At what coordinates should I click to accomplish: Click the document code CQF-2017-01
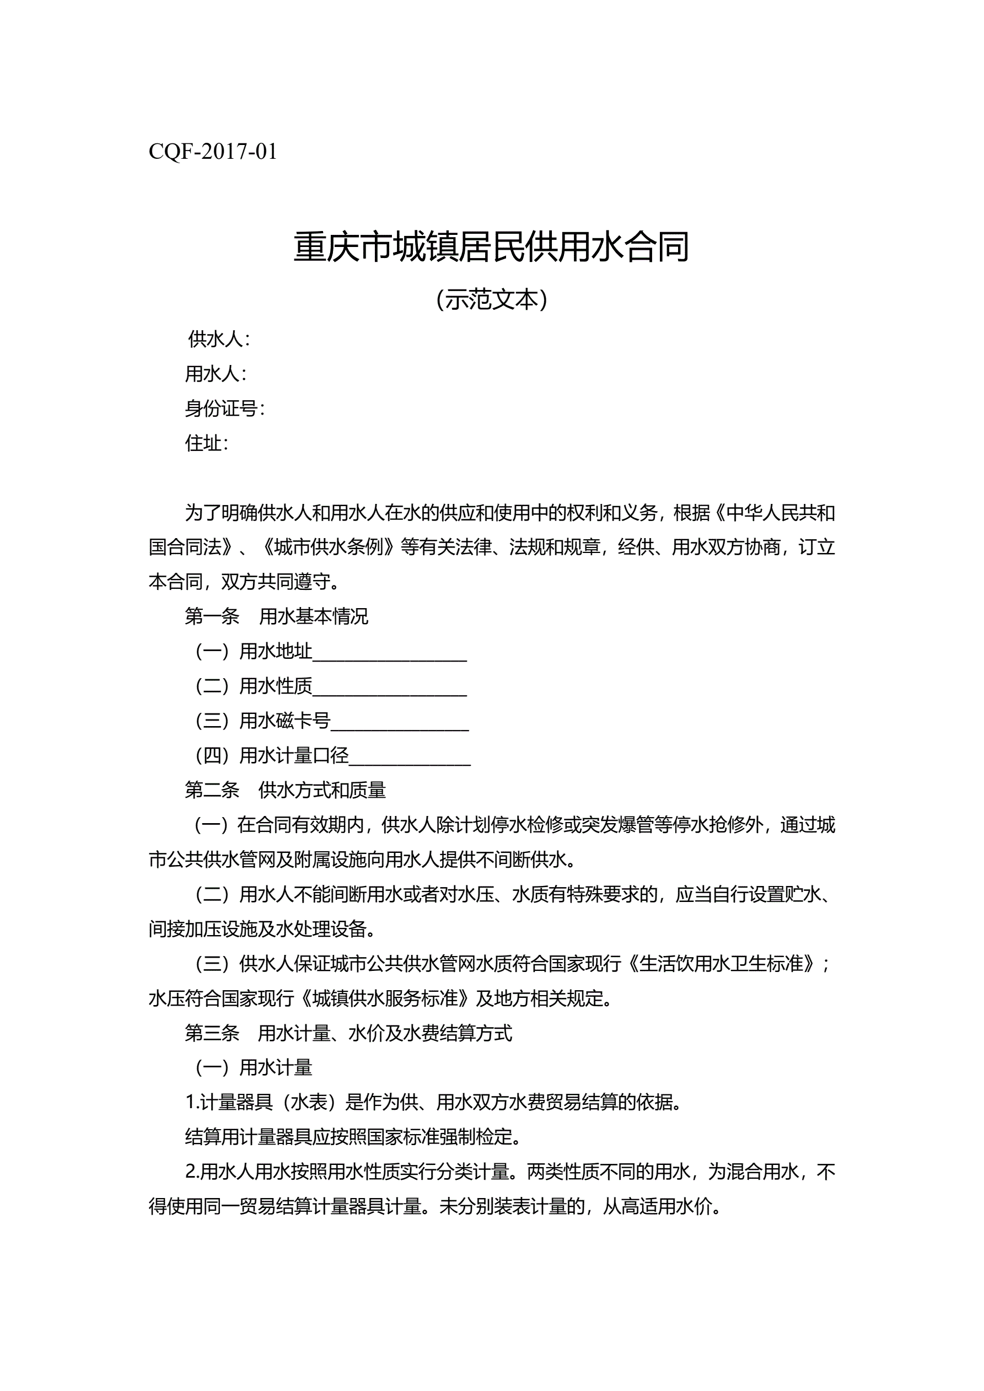213,152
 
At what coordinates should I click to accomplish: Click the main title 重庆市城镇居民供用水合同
491,247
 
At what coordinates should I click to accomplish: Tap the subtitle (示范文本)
491,299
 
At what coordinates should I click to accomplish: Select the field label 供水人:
219,339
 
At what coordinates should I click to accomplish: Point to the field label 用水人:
216,374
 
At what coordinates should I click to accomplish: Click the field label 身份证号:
225,409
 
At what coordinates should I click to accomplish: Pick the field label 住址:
207,443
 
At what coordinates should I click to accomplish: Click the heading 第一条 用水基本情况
276,616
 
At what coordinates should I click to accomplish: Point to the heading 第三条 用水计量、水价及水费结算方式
348,1033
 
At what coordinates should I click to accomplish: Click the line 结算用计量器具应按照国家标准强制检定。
353,1137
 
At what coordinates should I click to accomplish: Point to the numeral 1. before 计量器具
192,1103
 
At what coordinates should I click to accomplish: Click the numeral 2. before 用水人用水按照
192,1172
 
